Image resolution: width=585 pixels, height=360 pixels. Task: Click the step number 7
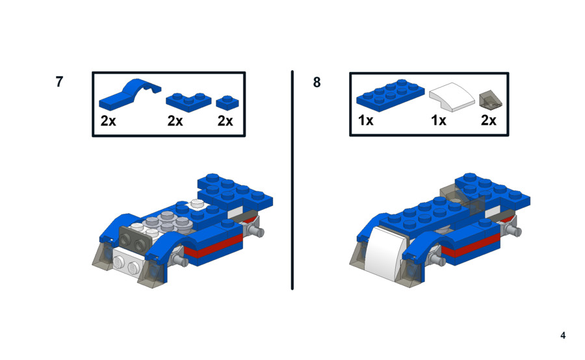coord(59,82)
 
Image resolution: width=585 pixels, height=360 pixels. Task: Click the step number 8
coord(317,82)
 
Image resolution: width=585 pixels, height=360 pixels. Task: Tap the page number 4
coord(563,335)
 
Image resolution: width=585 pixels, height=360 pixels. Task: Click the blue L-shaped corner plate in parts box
coord(188,102)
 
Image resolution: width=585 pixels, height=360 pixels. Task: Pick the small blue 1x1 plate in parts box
coord(227,103)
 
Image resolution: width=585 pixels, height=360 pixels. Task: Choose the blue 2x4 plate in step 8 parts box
coord(390,95)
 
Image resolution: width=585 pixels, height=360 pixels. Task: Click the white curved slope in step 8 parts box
coord(452,97)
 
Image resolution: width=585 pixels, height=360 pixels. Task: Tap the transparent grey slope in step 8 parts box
coord(490,99)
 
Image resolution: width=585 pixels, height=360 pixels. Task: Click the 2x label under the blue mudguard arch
coord(108,121)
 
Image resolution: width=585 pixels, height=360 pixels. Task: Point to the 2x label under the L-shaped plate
coord(175,121)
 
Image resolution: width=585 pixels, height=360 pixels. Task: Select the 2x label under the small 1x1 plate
coord(226,121)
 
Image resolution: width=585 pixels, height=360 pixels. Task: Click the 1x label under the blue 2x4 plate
coord(365,120)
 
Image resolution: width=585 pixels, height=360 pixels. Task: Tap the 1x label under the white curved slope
coord(439,120)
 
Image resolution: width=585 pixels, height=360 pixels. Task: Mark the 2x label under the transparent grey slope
coord(489,120)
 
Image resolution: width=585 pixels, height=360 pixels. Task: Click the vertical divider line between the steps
coord(292,180)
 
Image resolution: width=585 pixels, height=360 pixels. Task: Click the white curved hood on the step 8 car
coord(384,253)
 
